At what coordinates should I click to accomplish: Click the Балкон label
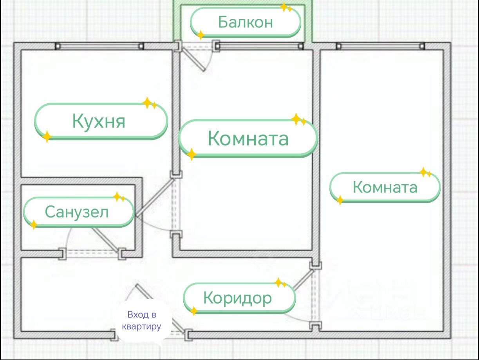246,22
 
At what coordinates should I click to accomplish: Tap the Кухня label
99,121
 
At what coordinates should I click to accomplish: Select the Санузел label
77,212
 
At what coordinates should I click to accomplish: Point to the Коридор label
237,298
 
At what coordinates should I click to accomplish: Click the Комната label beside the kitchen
248,138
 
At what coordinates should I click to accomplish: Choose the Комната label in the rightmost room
385,187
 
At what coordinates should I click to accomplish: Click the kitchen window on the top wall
99,46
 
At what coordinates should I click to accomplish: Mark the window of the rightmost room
380,46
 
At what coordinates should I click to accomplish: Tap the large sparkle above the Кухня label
147,103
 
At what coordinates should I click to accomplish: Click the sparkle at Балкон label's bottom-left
201,35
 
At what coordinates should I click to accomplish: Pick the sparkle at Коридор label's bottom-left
193,311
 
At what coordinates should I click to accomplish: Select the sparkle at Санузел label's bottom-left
34,225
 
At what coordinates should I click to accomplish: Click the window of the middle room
259,46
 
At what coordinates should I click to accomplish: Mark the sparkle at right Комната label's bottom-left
340,200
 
